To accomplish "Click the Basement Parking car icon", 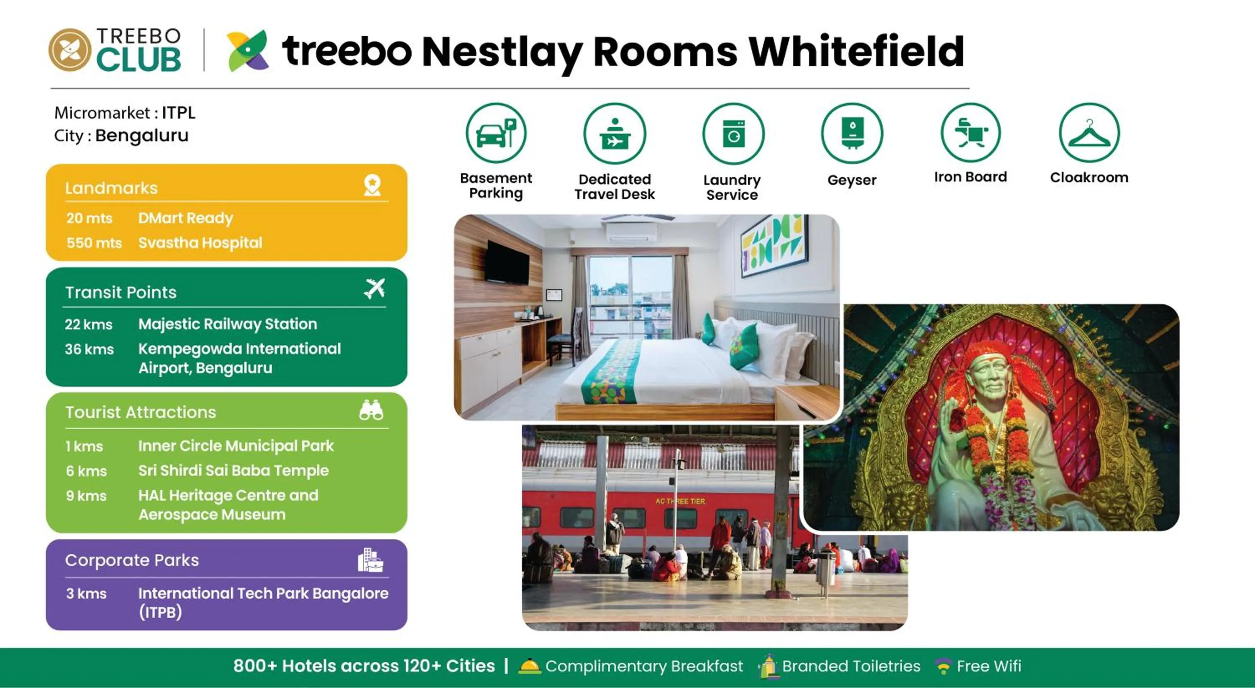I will [x=496, y=133].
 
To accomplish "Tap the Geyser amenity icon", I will [x=852, y=133].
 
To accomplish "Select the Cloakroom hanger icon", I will [x=1089, y=133].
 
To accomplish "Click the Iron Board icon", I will [x=971, y=133].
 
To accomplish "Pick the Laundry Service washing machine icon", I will [x=733, y=133].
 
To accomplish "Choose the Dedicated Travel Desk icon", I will [x=615, y=134].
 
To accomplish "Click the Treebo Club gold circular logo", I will [x=70, y=50].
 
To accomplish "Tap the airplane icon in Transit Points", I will [x=374, y=289].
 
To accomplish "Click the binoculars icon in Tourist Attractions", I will [x=371, y=410].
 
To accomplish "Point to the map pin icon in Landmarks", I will [x=372, y=186].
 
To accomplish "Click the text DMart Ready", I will [x=186, y=218].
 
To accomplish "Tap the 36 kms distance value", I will [x=89, y=349].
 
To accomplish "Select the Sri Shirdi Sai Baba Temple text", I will [x=233, y=470].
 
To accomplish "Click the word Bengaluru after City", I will [x=142, y=135].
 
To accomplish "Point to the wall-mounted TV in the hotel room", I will [x=507, y=263].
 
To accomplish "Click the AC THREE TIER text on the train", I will [x=680, y=501].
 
